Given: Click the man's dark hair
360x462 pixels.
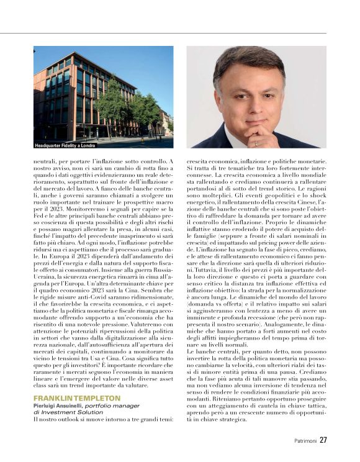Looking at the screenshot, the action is pos(248,62).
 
